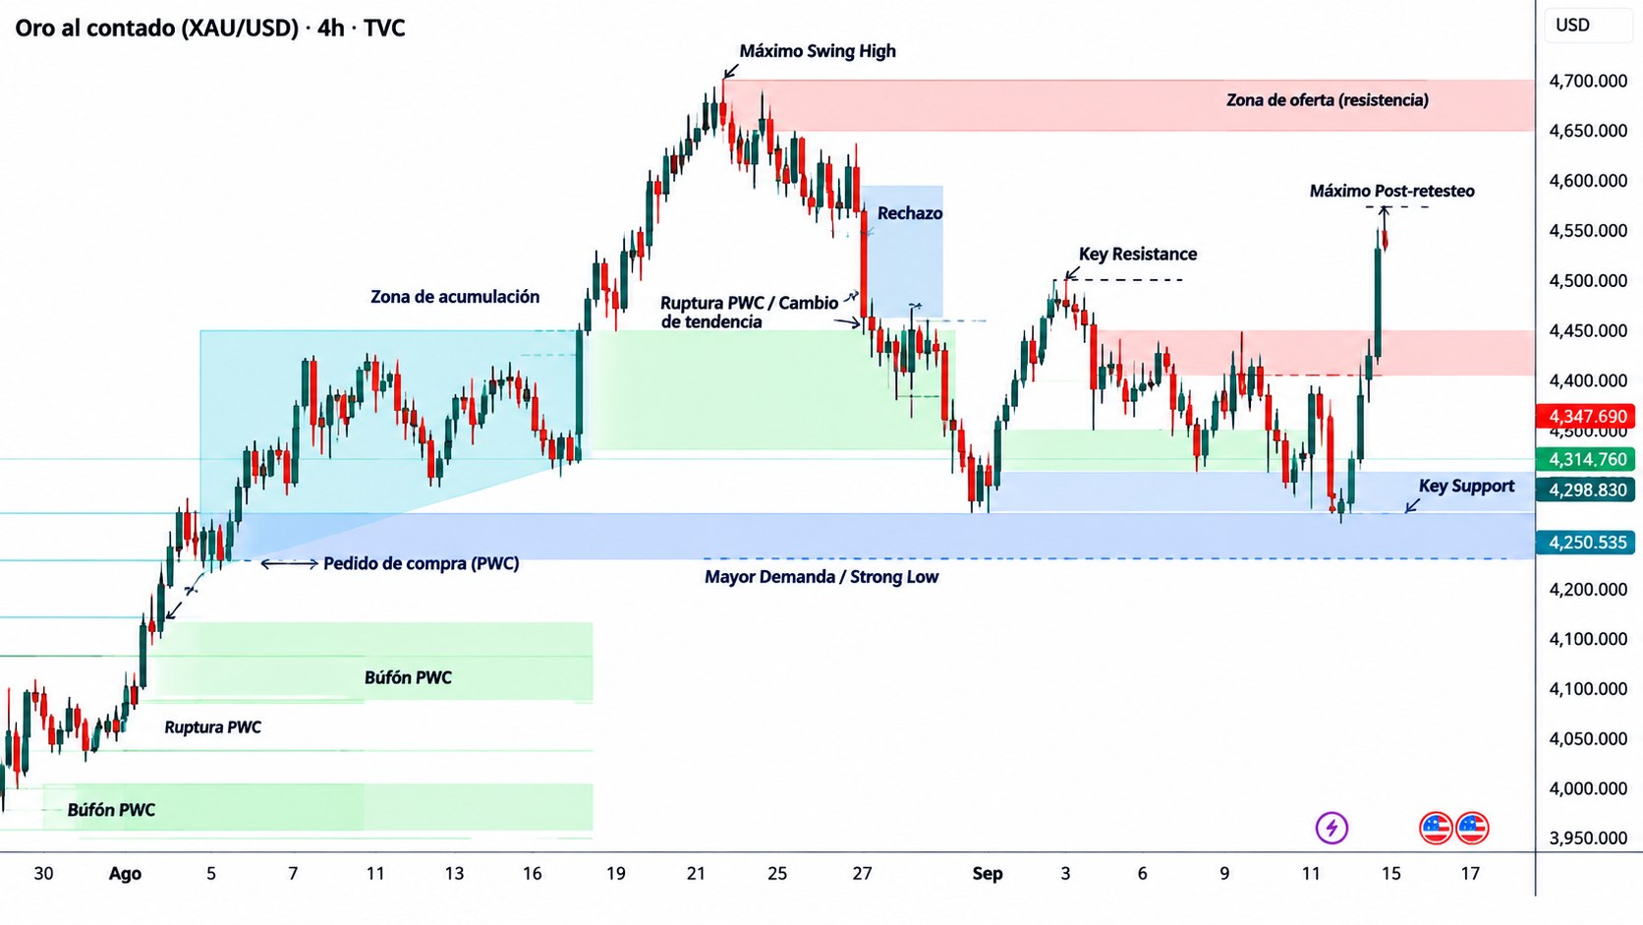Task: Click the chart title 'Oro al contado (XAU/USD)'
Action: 157,28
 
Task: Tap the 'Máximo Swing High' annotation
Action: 818,51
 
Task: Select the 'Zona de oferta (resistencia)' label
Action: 1328,99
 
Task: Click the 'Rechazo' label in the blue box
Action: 910,213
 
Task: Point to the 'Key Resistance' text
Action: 1138,254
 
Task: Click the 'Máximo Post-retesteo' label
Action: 1392,192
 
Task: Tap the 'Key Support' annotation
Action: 1466,486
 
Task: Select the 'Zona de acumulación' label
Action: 455,296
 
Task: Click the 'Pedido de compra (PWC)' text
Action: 421,563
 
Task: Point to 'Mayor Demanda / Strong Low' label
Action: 821,577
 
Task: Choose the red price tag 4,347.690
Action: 1587,417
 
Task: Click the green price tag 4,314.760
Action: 1587,459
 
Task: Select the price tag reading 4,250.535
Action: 1587,542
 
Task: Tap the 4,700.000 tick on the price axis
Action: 1587,81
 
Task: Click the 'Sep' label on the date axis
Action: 988,874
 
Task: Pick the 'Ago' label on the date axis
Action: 125,874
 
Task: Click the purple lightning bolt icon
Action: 1331,828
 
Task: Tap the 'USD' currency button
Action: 1572,25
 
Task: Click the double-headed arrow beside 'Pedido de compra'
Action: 290,563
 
